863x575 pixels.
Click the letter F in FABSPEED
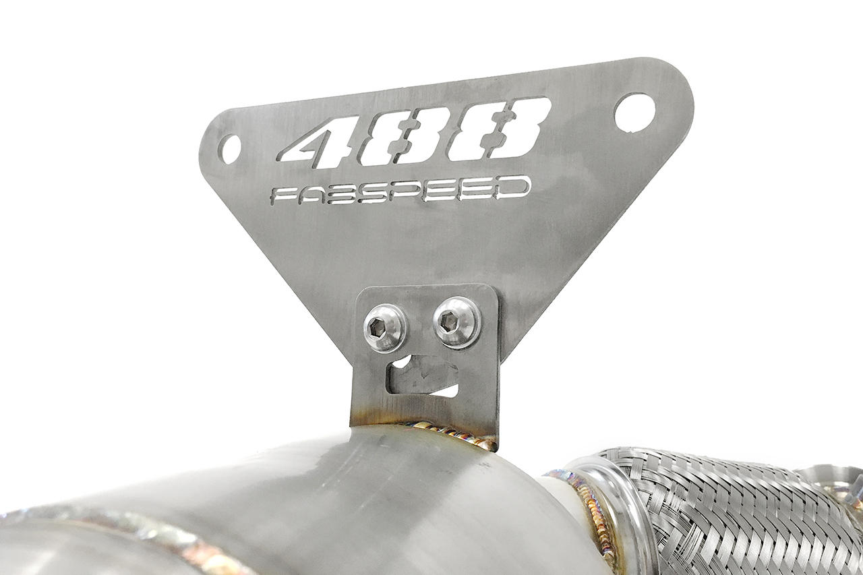pyautogui.click(x=282, y=196)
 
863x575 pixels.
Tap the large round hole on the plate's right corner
pyautogui.click(x=634, y=112)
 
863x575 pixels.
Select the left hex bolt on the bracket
pyautogui.click(x=384, y=328)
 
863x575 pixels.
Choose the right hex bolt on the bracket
pyautogui.click(x=456, y=322)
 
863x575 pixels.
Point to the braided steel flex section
pyautogui.click(x=728, y=512)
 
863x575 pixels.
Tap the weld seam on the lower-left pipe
pyautogui.click(x=135, y=533)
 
